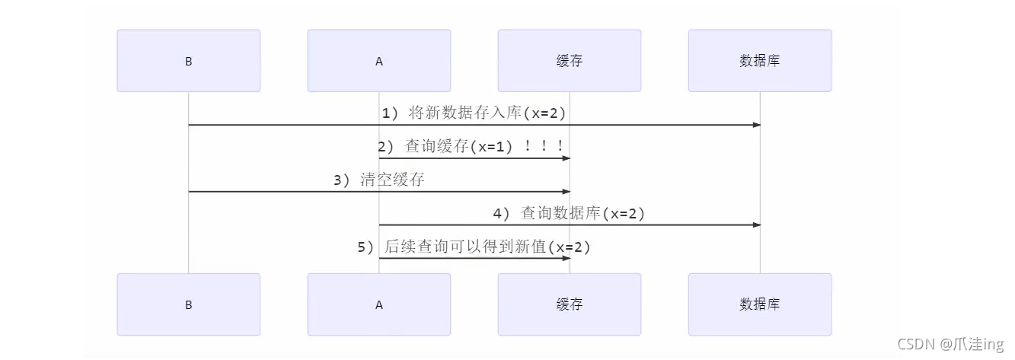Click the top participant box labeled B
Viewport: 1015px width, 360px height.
tap(188, 61)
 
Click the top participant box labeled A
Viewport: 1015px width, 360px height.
tap(378, 61)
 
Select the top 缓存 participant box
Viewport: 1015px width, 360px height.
tap(569, 61)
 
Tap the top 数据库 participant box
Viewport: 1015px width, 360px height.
tap(759, 61)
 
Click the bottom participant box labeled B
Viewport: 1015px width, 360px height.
tap(188, 304)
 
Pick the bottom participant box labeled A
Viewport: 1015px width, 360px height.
tap(378, 304)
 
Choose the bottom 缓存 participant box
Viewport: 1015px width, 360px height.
tap(569, 304)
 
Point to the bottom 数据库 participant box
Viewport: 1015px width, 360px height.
tap(759, 304)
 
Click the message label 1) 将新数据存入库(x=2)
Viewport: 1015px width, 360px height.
tap(474, 113)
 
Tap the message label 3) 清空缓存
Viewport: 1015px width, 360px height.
tap(378, 180)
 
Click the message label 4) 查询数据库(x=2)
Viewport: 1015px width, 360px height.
tap(569, 214)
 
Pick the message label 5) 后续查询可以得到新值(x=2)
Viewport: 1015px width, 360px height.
tap(474, 247)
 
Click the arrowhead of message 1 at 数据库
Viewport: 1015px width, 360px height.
tap(756, 125)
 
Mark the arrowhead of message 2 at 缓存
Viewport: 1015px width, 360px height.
tap(566, 158)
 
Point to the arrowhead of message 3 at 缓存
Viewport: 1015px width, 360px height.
tap(566, 192)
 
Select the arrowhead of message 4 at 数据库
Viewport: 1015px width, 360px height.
tap(756, 225)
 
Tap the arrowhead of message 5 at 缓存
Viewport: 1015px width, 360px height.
tap(566, 258)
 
